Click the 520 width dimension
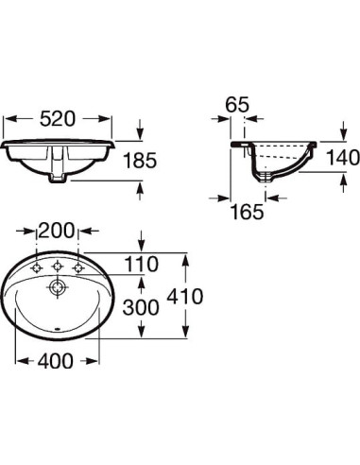tap(58, 119)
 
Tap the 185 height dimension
tap(140, 160)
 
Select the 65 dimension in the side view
tap(237, 104)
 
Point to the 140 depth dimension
tap(342, 157)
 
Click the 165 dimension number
tap(248, 212)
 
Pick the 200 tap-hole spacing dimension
tap(57, 231)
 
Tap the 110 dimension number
tap(142, 264)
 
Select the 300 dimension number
tap(141, 307)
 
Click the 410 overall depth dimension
tap(185, 296)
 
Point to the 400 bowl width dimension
tap(56, 361)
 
